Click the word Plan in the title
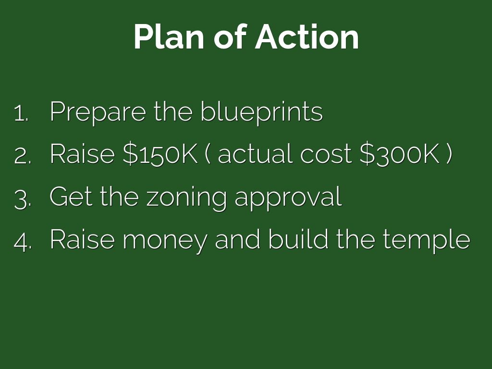point(169,37)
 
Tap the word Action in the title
point(307,37)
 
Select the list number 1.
point(21,113)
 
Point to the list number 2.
point(23,156)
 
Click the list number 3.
point(23,200)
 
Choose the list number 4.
point(23,242)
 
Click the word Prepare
point(98,112)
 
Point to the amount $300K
point(399,154)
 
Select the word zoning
point(186,199)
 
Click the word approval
point(288,199)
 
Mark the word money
point(165,242)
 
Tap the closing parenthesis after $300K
point(449,154)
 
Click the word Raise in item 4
point(82,239)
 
